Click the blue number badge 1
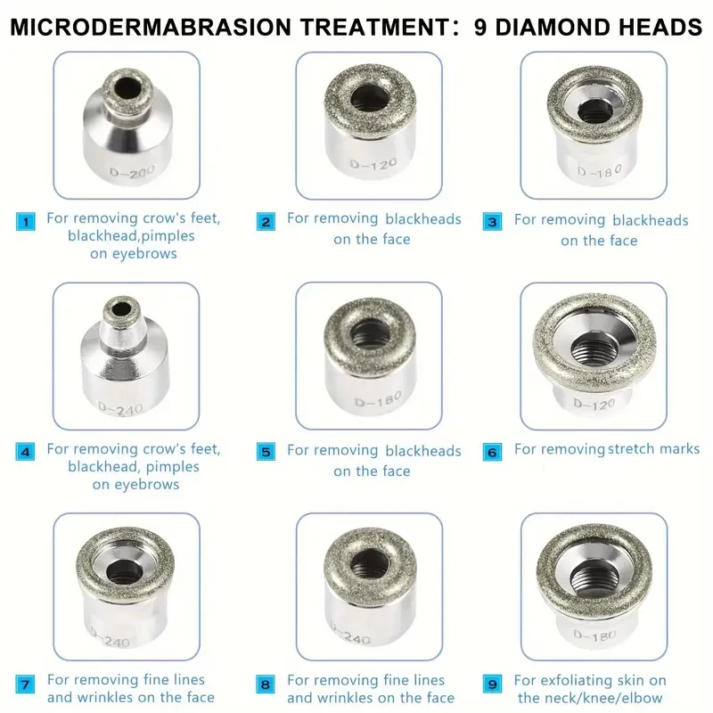pyautogui.click(x=26, y=222)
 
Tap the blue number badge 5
pyautogui.click(x=266, y=452)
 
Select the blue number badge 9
pyautogui.click(x=493, y=684)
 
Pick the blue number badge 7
pyautogui.click(x=25, y=684)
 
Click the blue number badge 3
pyautogui.click(x=493, y=222)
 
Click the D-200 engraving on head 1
pyautogui.click(x=126, y=172)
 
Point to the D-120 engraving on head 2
pyautogui.click(x=373, y=164)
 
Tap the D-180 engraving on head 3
pyautogui.click(x=599, y=170)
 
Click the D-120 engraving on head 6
pyautogui.click(x=594, y=404)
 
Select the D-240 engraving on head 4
pyautogui.click(x=120, y=409)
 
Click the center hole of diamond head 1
pyautogui.click(x=127, y=87)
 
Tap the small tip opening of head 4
pyautogui.click(x=120, y=310)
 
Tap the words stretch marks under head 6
pyautogui.click(x=654, y=449)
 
